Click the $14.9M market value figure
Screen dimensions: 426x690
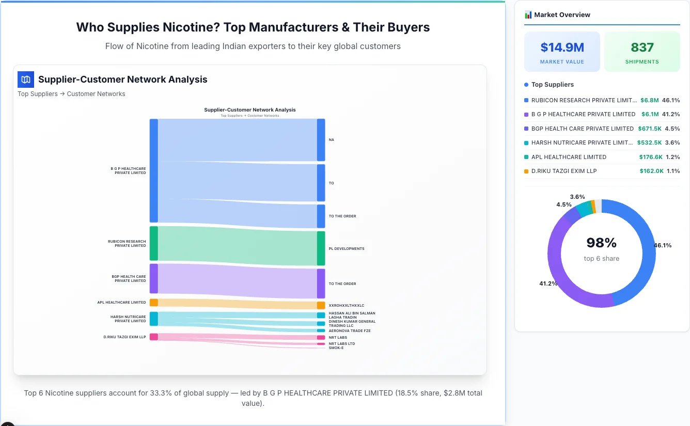562,48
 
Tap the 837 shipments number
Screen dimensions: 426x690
642,48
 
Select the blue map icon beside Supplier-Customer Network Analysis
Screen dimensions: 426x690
25,80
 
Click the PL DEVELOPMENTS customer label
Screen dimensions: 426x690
347,249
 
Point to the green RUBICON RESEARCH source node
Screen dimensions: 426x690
153,243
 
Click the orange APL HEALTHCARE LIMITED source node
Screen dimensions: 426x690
153,303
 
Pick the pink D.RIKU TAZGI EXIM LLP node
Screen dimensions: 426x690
153,337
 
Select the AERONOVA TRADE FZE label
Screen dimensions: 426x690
350,331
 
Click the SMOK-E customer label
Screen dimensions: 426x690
336,348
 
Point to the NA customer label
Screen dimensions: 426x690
331,140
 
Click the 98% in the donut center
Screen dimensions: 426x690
602,243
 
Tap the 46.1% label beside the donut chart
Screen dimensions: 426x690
663,245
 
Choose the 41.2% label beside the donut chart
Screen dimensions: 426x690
548,283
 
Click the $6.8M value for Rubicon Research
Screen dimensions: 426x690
649,100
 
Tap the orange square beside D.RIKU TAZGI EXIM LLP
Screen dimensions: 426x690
526,171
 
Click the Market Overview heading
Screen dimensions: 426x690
562,15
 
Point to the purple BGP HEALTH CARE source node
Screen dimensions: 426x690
153,279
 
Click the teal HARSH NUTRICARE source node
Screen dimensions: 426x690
153,319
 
